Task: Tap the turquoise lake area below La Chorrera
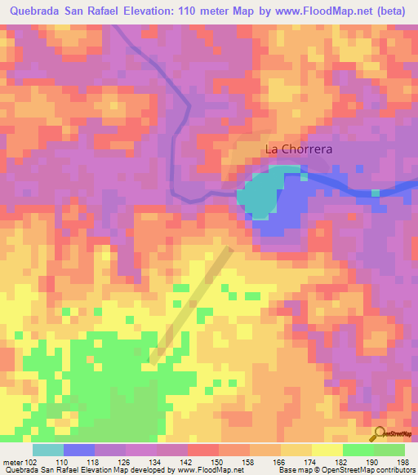coord(260,193)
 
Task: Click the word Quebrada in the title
coord(36,11)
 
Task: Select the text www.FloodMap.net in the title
coord(323,11)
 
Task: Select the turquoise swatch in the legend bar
coord(47,451)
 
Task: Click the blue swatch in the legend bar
coord(78,451)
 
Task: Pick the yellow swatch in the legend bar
coord(327,451)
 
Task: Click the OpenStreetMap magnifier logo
coord(379,433)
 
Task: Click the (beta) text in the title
coord(393,11)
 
